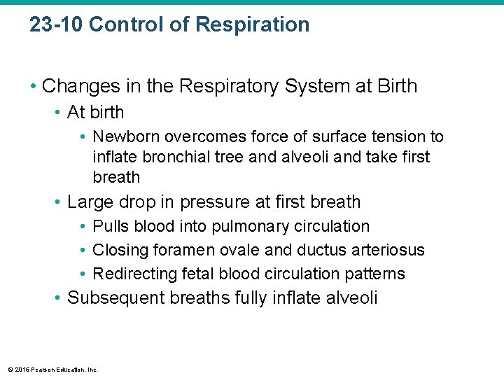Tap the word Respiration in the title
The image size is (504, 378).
(x=252, y=25)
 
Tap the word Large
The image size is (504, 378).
(x=88, y=202)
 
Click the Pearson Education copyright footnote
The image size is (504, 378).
(x=53, y=369)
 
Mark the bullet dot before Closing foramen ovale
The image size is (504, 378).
(x=83, y=251)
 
